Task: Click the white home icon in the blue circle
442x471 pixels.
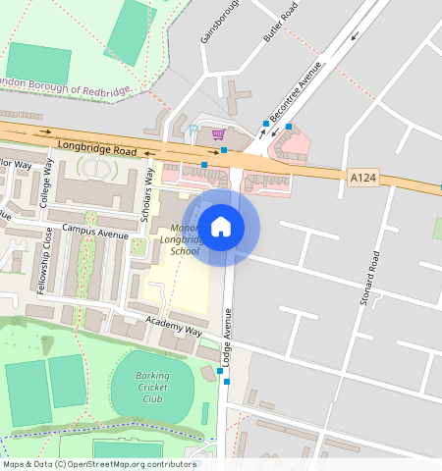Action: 222,228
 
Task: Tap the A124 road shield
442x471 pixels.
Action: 361,177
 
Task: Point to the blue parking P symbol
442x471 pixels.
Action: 193,130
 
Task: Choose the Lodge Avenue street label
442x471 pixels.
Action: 228,339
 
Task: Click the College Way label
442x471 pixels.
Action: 46,183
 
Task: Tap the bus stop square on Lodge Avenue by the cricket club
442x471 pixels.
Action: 227,382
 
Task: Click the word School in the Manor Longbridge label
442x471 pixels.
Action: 184,251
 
